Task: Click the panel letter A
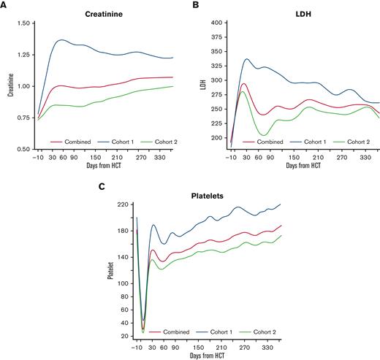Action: pos(4,4)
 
